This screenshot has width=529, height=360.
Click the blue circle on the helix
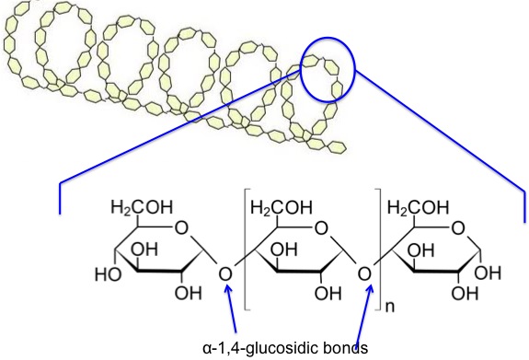328,70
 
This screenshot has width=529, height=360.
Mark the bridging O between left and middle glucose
226,273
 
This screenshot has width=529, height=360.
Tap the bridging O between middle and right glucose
364,273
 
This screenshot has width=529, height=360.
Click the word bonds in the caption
323,349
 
